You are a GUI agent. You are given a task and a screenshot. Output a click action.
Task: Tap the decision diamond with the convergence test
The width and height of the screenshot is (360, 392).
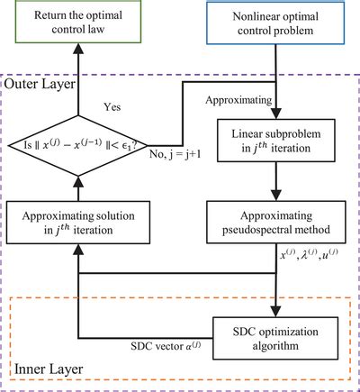click(x=76, y=142)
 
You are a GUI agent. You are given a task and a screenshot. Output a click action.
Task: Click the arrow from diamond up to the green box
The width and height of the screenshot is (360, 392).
click(x=76, y=81)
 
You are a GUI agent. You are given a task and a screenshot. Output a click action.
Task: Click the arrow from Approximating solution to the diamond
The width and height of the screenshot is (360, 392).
click(x=76, y=187)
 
